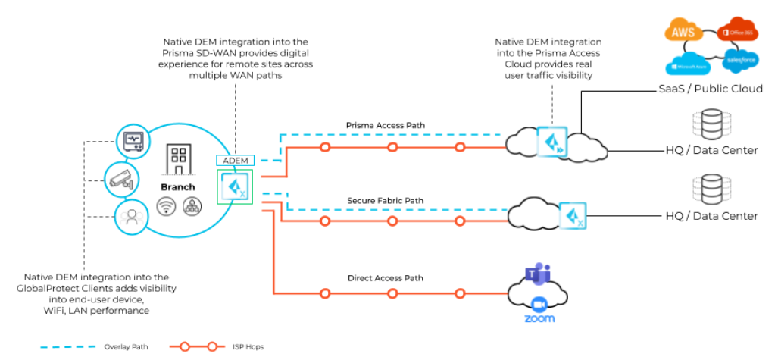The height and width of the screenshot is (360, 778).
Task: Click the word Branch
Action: (177, 186)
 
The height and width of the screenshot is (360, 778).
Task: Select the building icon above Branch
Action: (179, 159)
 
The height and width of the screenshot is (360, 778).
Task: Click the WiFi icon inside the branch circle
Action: (166, 207)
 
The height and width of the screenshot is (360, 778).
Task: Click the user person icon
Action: (130, 217)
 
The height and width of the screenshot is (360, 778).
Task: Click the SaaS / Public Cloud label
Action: (708, 89)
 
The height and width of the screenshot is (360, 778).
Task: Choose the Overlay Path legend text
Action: (126, 348)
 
